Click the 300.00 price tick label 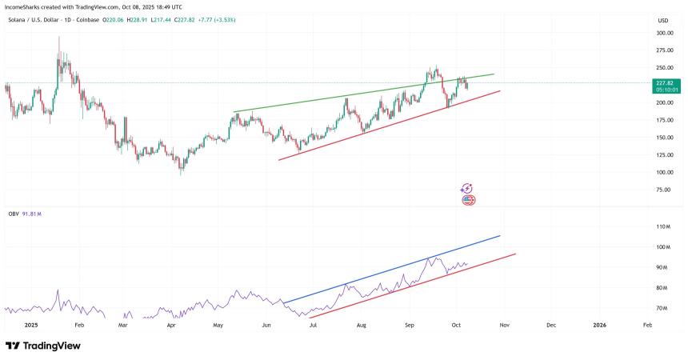(664, 34)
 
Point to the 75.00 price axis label (664, 190)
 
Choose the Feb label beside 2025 (78, 326)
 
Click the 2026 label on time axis (600, 326)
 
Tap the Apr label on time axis (171, 326)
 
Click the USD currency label (662, 20)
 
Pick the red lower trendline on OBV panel (400, 290)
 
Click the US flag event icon (468, 200)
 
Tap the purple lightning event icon (467, 189)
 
